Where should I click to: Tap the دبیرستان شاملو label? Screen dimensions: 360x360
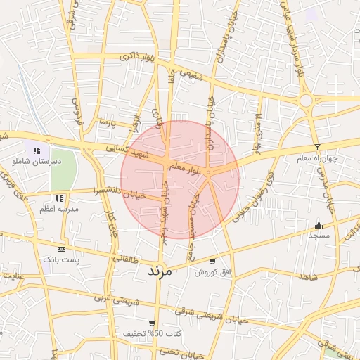point(38,161)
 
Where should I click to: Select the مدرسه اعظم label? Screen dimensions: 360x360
point(59,209)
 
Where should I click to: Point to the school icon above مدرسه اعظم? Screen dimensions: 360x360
point(59,198)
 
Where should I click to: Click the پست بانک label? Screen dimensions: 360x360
point(62,259)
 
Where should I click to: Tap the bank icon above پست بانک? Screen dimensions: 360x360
point(61,249)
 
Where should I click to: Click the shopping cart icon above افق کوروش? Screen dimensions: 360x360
point(212,262)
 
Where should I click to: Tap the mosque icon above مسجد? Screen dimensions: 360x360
point(319,226)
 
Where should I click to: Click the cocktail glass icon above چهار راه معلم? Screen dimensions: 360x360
point(317,148)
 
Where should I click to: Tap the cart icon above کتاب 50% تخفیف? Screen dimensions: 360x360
point(152,323)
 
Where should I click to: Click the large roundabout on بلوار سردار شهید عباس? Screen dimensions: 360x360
point(306,101)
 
